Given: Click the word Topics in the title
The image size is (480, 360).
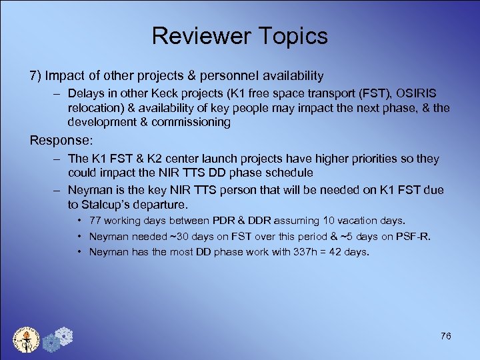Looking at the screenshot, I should pos(295,36).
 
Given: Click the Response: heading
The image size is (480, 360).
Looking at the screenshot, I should pos(60,141).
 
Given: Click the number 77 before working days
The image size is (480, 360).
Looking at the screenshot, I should pos(95,221).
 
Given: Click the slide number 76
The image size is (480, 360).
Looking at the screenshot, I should pos(445,336).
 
